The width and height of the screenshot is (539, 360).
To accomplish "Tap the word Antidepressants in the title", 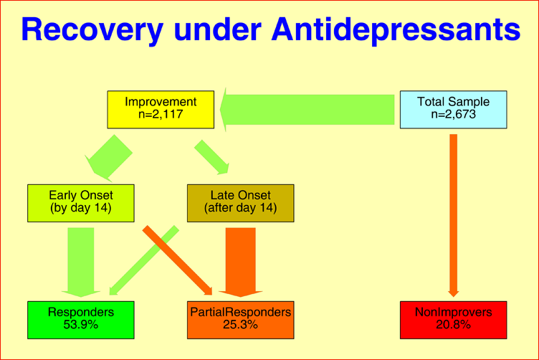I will pos(396,30).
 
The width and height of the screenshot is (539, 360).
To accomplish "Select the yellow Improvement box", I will pos(161,109).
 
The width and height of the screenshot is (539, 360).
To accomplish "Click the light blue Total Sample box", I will pos(453,109).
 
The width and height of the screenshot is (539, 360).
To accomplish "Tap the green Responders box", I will pos(81,319).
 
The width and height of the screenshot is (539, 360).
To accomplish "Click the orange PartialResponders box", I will pos(240,319).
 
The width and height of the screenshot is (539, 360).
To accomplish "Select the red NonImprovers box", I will pos(453,319).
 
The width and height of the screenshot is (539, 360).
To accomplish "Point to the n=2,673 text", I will pos(453,115).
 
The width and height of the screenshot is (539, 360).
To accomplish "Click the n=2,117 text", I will pos(161,115).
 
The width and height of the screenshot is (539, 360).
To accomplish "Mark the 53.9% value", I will pos(81,325).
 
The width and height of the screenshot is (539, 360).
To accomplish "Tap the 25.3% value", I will pos(240,325).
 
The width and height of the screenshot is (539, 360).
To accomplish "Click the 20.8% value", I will pos(453,325).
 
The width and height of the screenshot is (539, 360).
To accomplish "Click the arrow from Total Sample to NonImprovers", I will pos(453,215).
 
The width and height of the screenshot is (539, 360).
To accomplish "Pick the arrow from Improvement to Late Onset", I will pos(212,158).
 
